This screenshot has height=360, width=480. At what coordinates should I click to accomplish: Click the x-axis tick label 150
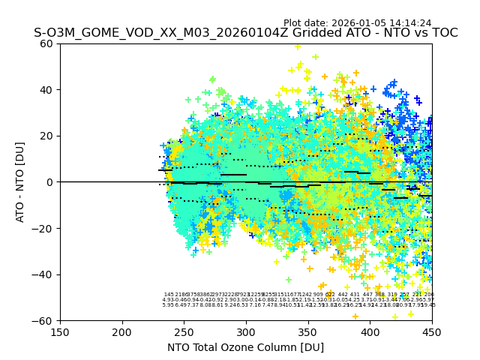(60, 332)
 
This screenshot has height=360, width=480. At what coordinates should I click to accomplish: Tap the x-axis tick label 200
(122, 332)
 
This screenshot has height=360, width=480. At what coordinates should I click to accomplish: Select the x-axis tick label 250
(184, 332)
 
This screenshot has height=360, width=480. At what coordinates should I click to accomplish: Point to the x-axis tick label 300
(246, 332)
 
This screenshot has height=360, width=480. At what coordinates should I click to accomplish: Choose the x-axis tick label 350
(308, 332)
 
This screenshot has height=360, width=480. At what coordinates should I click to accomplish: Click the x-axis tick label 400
(370, 332)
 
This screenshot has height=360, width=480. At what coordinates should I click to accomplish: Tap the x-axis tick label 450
(432, 332)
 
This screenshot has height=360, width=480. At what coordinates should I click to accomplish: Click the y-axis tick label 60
(47, 43)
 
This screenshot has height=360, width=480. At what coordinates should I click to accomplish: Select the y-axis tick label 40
(47, 90)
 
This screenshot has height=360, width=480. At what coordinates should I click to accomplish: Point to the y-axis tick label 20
(47, 136)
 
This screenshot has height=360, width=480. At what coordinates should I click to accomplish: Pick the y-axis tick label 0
(50, 182)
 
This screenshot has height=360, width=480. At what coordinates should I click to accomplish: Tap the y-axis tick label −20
(44, 228)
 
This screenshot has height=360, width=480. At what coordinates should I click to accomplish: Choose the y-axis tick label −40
(44, 274)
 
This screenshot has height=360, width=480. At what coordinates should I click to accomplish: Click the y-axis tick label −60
(44, 320)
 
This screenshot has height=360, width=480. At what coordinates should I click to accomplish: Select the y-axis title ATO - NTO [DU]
(20, 182)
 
